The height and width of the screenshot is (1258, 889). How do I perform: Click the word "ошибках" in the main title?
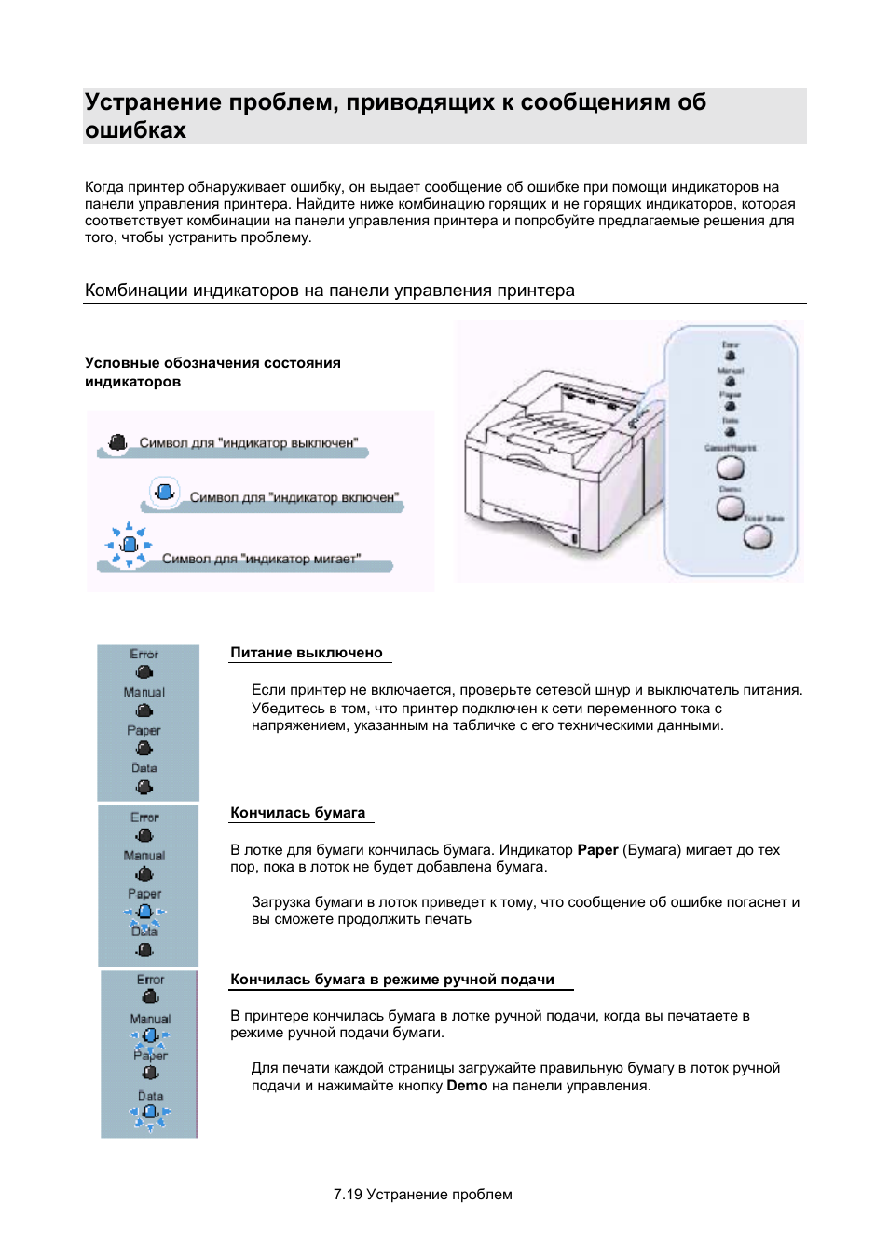click(135, 130)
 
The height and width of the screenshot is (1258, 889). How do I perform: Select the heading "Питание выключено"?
click(307, 653)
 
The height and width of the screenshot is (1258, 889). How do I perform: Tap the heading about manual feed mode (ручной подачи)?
click(392, 980)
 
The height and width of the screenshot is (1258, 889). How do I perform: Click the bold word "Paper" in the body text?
click(597, 850)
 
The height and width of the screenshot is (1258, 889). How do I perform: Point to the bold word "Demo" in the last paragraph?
click(467, 1086)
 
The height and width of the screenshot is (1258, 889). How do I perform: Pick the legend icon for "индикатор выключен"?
click(117, 442)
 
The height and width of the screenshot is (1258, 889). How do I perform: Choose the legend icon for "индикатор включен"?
click(165, 491)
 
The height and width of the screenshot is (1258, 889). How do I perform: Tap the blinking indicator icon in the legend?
click(130, 544)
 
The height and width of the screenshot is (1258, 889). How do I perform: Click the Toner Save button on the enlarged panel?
click(758, 537)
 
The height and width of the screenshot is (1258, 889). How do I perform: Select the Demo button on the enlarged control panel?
click(730, 507)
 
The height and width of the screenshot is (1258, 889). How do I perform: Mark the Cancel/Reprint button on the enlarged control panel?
click(730, 467)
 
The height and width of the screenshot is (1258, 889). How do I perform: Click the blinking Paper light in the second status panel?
click(144, 913)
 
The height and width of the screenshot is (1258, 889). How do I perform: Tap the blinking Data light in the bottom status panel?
click(150, 1113)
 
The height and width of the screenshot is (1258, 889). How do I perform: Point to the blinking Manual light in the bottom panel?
click(150, 1035)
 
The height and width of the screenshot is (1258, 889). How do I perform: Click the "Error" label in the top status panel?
click(144, 655)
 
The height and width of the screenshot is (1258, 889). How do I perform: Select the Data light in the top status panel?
click(144, 787)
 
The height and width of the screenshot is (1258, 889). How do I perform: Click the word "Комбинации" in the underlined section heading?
click(136, 291)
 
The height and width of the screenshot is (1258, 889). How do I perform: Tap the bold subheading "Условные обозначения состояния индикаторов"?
click(212, 372)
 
